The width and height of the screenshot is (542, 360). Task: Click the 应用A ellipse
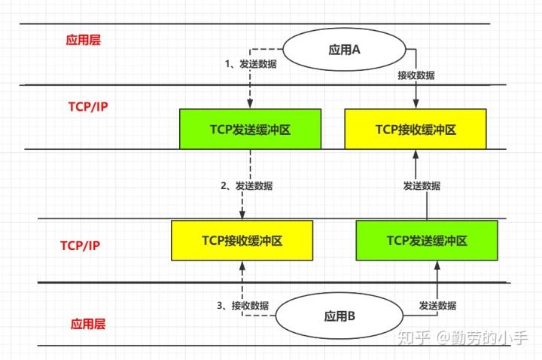coord(346,50)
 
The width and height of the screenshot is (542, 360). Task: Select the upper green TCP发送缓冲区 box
coord(250,129)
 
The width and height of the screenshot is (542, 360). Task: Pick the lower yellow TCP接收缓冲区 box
coord(242,240)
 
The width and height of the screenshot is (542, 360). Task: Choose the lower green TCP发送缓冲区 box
coord(427,240)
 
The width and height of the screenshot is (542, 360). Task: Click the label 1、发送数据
coord(251,64)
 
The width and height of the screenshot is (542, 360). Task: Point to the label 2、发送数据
coord(247,185)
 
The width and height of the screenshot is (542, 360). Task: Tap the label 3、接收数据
coord(243,305)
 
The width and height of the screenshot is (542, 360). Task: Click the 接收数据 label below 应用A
coord(416,75)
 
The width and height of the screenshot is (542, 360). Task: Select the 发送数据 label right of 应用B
coord(437,305)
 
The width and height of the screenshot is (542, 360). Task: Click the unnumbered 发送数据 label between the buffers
coord(422,185)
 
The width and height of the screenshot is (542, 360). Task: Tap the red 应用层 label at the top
coord(82,40)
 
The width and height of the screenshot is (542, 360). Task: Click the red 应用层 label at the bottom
coord(88,324)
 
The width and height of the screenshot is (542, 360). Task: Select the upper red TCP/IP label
coord(88,106)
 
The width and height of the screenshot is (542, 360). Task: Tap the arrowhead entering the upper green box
coord(249,105)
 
